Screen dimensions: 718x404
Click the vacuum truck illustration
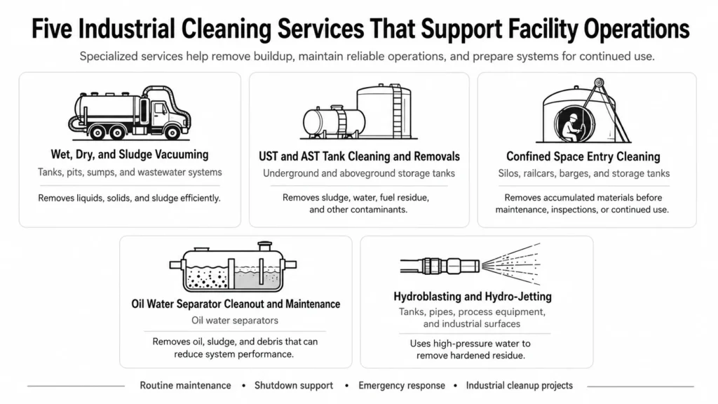pyautogui.click(x=130, y=113)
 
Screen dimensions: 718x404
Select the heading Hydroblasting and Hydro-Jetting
pyautogui.click(x=473, y=297)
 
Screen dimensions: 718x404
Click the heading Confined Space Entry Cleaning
pyautogui.click(x=583, y=156)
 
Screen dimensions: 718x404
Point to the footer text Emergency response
pyautogui.click(x=402, y=386)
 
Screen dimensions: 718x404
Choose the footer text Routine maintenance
pyautogui.click(x=185, y=386)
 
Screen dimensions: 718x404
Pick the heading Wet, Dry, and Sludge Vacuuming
pyautogui.click(x=130, y=154)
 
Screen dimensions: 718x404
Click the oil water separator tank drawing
pyautogui.click(x=233, y=267)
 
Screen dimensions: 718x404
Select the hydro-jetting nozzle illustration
pyautogui.click(x=470, y=264)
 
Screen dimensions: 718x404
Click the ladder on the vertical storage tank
pyautogui.click(x=397, y=112)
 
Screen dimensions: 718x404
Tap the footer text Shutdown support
pyautogui.click(x=294, y=386)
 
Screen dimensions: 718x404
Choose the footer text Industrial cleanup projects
pyautogui.click(x=520, y=386)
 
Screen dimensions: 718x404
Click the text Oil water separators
pyautogui.click(x=235, y=320)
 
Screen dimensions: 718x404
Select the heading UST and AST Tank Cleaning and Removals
pyautogui.click(x=359, y=156)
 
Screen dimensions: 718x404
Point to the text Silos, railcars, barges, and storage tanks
pyautogui.click(x=584, y=174)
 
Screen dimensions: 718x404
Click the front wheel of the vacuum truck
pyautogui.click(x=172, y=133)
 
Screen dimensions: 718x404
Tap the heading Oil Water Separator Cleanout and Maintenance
pyautogui.click(x=236, y=304)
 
